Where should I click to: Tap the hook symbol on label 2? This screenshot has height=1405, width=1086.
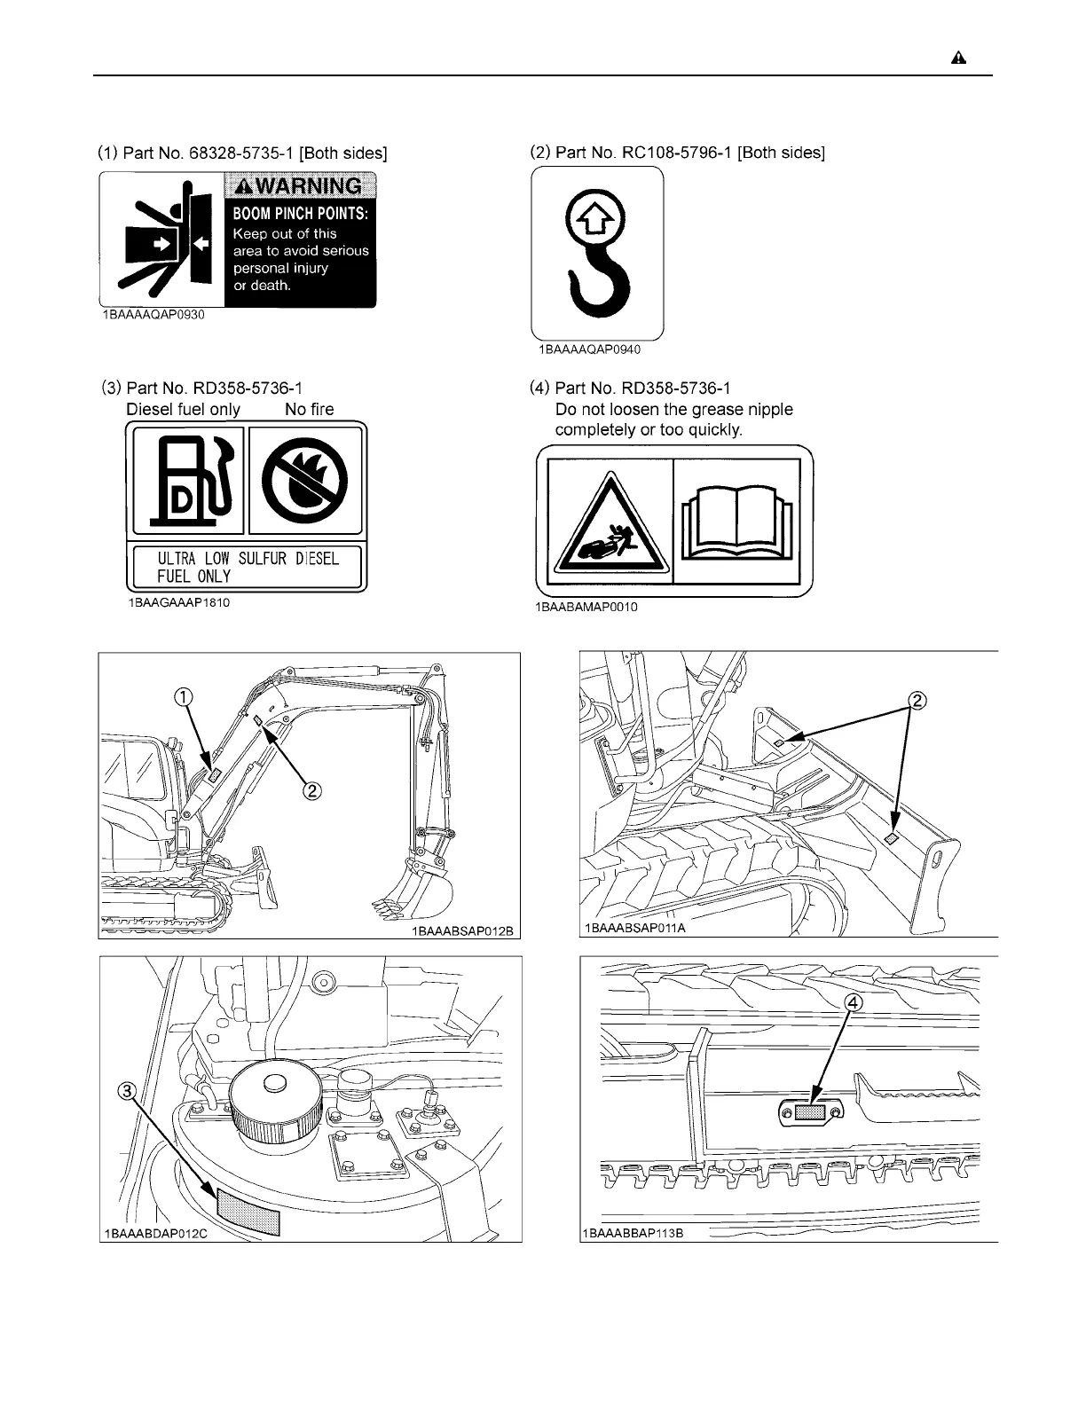tap(597, 257)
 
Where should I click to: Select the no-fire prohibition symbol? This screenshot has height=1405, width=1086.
tap(307, 480)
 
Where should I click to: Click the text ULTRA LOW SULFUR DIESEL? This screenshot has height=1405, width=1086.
tap(248, 559)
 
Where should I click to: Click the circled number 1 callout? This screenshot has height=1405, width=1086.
tap(184, 697)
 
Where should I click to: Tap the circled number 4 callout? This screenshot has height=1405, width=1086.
tap(851, 1001)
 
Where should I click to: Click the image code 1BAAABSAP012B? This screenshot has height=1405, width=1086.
tap(462, 932)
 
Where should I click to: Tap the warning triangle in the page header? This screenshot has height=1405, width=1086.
tap(958, 59)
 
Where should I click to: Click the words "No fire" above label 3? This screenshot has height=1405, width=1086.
tap(309, 409)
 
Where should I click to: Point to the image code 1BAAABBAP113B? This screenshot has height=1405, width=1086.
tap(634, 1233)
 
